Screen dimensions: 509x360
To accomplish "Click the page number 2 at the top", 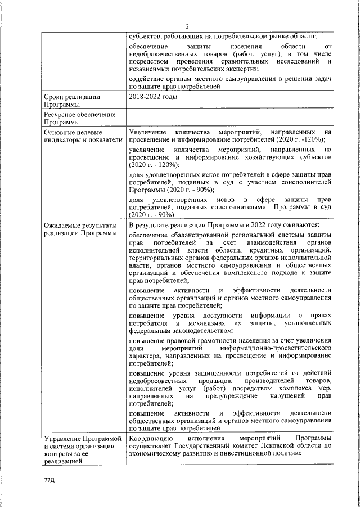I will [187, 25].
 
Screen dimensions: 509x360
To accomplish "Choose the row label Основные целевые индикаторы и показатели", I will [83, 135].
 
